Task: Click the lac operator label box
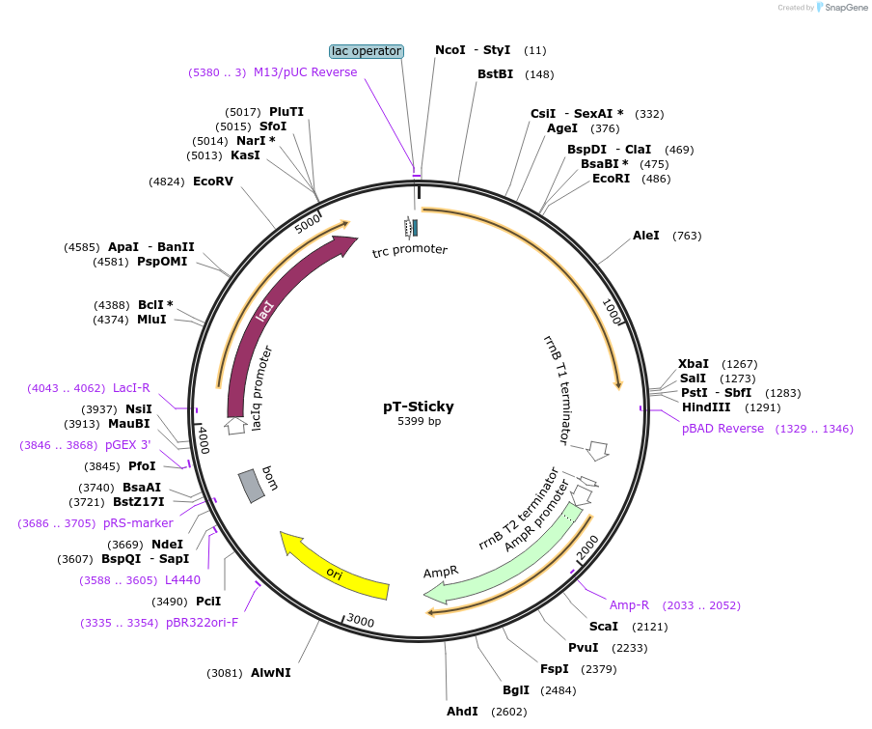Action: click(x=366, y=51)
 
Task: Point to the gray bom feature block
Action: click(x=252, y=485)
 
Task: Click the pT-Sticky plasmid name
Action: click(x=419, y=407)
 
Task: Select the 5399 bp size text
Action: click(x=419, y=421)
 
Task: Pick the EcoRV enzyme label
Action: click(x=213, y=181)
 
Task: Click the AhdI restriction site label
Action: click(x=462, y=712)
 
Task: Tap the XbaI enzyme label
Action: click(x=693, y=363)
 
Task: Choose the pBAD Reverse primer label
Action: click(x=722, y=429)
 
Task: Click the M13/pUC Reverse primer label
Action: click(x=305, y=72)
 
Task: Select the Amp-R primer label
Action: click(x=629, y=605)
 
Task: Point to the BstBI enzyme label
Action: click(x=495, y=74)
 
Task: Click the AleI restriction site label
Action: click(x=646, y=236)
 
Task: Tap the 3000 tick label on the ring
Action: click(x=360, y=620)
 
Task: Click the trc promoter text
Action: click(x=410, y=250)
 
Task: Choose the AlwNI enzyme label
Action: click(x=270, y=672)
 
